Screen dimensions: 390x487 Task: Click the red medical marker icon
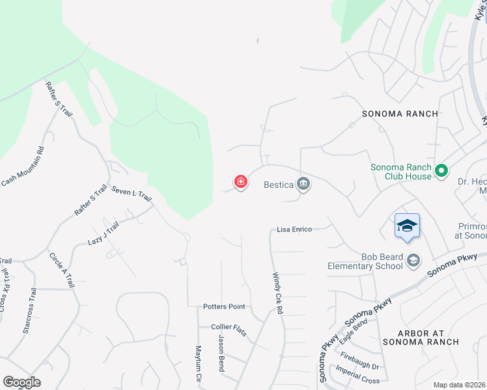[x=241, y=181]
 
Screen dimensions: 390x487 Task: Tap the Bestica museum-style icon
[x=303, y=185]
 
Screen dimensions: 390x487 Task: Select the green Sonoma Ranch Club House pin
[x=442, y=172]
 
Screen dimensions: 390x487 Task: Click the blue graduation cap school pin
[x=407, y=226]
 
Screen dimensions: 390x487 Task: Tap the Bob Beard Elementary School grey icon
[x=413, y=261]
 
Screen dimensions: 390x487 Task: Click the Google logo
[x=21, y=382]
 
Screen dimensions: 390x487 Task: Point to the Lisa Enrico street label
[x=294, y=229]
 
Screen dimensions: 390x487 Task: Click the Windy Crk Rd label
[x=278, y=294]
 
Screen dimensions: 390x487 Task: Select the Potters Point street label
[x=224, y=306]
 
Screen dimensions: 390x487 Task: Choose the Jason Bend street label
[x=221, y=354]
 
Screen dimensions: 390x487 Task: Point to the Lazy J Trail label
[x=104, y=233]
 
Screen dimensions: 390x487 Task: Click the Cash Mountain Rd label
[x=23, y=166]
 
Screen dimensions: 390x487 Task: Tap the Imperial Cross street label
[x=357, y=374]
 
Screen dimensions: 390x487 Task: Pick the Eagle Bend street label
[x=354, y=331]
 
